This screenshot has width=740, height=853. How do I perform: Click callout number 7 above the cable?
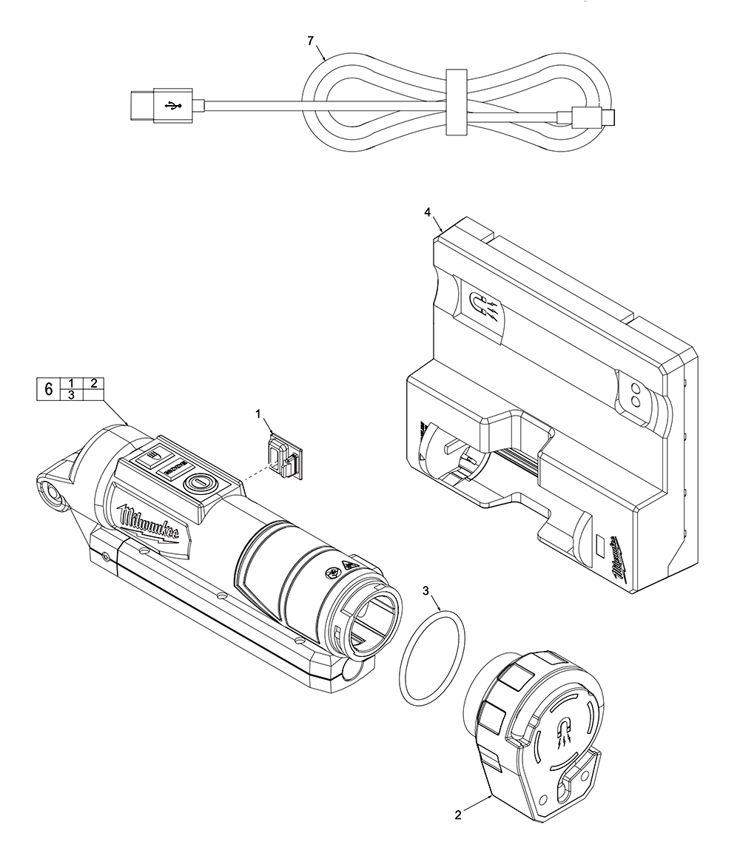coord(311,41)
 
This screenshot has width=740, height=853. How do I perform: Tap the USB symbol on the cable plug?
coord(175,106)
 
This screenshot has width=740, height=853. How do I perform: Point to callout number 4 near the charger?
coord(428,212)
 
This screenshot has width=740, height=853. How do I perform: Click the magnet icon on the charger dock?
coord(480,303)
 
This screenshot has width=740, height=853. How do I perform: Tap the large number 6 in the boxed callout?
coord(49,389)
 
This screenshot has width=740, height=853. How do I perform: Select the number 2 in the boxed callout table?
coord(94,382)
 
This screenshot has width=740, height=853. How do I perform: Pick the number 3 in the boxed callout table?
coord(71,395)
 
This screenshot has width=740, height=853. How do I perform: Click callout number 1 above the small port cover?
coord(259,415)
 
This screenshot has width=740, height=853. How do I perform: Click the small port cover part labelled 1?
coord(283,456)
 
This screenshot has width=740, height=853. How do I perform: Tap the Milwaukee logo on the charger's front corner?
coord(616,560)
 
